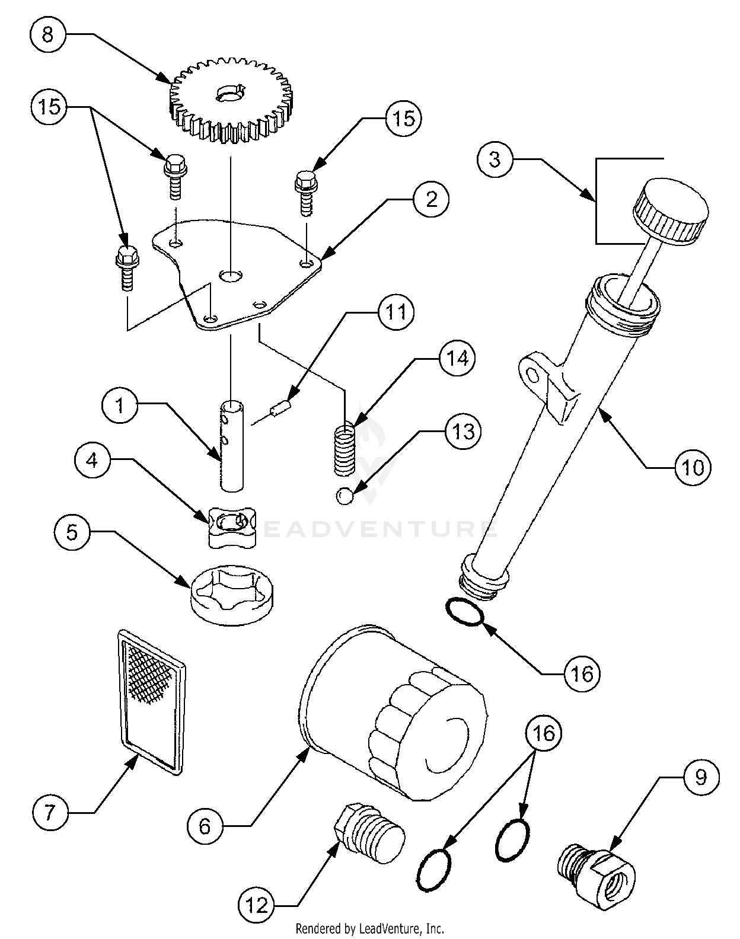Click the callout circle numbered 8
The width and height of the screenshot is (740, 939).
[x=47, y=34]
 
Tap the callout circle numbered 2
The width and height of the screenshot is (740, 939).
[x=431, y=199]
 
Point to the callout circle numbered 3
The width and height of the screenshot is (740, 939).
[x=495, y=159]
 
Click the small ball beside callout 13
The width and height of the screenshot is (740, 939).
[x=345, y=497]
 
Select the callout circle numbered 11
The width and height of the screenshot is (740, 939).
[x=396, y=312]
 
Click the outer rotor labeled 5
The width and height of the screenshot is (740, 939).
[x=232, y=595]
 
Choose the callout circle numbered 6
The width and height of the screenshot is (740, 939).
[x=205, y=826]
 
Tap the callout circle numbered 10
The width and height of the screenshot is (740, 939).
[x=693, y=468]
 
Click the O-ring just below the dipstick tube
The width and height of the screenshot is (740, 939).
[x=465, y=612]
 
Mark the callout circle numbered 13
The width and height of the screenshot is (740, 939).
[x=462, y=432]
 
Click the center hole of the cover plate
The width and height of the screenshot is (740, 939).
[x=231, y=276]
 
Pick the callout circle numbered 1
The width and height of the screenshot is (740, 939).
[x=120, y=405]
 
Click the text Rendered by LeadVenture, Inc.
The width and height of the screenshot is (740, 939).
[x=370, y=928]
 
